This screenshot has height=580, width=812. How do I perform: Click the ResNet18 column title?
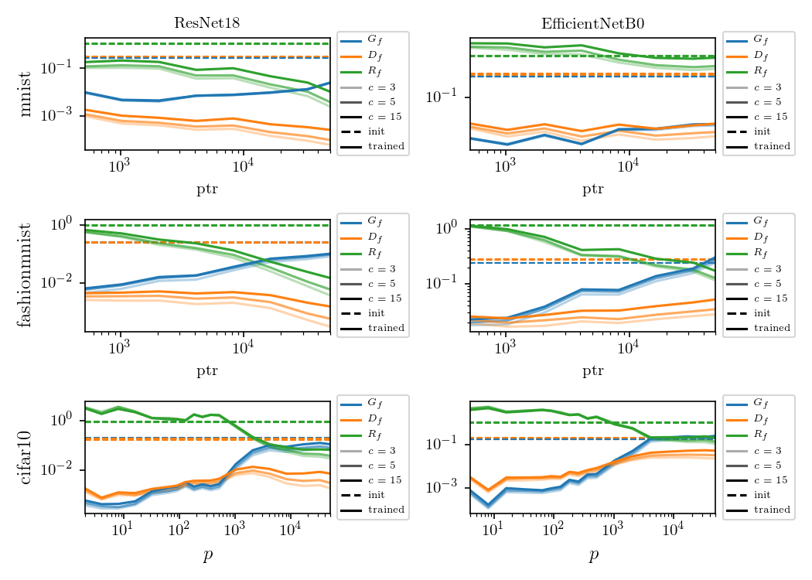(x=206, y=22)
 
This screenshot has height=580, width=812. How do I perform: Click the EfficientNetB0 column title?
(x=592, y=22)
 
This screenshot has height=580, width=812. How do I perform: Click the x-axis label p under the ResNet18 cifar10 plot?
(x=207, y=555)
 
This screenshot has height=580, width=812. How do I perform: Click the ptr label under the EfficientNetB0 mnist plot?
(x=592, y=189)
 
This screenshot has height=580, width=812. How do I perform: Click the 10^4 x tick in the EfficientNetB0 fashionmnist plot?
(x=628, y=348)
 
